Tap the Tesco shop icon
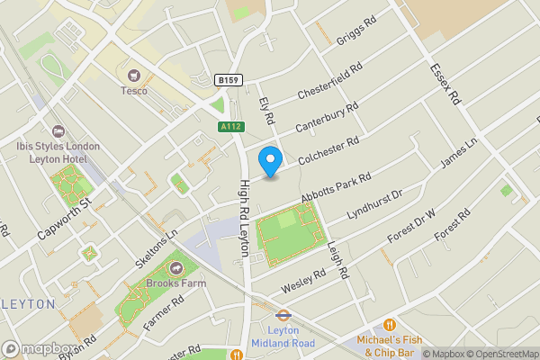click(x=135, y=76)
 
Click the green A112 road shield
click(x=229, y=128)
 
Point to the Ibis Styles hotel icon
click(x=58, y=131)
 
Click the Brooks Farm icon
click(x=175, y=268)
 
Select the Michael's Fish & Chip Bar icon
click(x=390, y=324)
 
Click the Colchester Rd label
click(x=328, y=149)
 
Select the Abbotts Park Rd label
click(x=337, y=189)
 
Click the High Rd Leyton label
click(x=243, y=218)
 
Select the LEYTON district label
click(x=29, y=304)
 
